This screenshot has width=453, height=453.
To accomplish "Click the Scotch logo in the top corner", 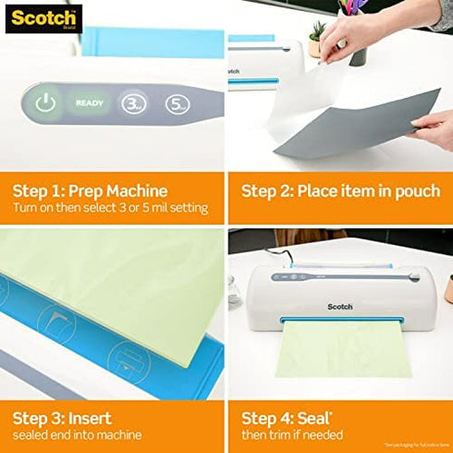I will [43, 18].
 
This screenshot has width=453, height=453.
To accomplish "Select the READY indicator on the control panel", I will [90, 104].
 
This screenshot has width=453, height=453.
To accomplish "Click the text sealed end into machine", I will [77, 435].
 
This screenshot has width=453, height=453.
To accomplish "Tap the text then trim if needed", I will [292, 435].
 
